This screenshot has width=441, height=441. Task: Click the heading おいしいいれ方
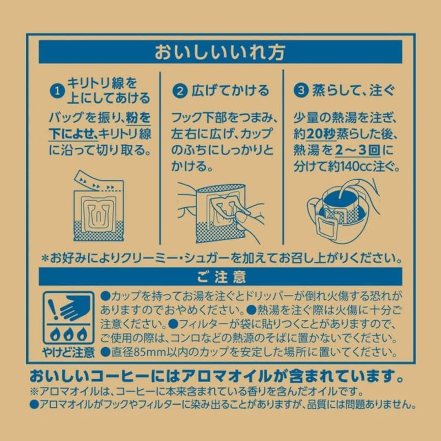(220, 52)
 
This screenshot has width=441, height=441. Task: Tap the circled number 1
(57, 91)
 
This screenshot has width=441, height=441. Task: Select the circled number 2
(180, 91)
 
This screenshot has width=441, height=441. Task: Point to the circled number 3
(301, 91)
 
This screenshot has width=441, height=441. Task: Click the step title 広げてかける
(230, 90)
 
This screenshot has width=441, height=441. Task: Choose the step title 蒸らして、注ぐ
(353, 90)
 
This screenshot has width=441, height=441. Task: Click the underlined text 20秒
(321, 135)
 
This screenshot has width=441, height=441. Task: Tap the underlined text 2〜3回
(357, 150)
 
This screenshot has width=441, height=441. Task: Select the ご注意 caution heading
(221, 277)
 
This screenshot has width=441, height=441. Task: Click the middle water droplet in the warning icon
(68, 334)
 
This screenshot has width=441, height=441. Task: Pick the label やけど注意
(68, 352)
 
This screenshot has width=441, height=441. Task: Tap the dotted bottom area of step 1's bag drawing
(99, 231)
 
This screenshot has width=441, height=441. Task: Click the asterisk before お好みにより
(45, 259)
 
